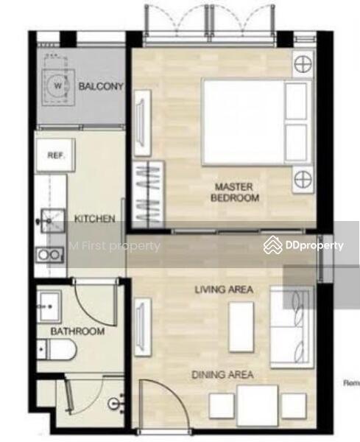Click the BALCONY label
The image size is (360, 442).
(x=101, y=86)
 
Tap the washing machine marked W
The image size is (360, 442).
(x=58, y=87)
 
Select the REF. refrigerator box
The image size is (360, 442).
(x=55, y=155)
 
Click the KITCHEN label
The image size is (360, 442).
(x=95, y=219)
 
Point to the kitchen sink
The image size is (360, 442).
(x=52, y=220)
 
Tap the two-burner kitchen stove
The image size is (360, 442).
(x=49, y=255)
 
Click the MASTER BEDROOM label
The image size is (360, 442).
(x=235, y=192)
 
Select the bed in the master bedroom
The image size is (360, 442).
(x=257, y=122)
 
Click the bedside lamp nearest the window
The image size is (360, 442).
(x=303, y=64)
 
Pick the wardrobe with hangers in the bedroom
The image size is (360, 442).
(x=148, y=192)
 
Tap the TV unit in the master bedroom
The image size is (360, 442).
(x=142, y=123)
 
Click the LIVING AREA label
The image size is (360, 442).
(x=224, y=290)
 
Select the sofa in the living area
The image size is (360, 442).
(x=292, y=328)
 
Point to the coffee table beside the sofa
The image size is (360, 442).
(x=241, y=327)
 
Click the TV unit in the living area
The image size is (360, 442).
(x=143, y=327)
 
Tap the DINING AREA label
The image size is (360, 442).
(x=222, y=375)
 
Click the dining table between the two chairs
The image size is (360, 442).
(x=258, y=405)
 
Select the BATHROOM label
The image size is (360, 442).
(x=77, y=331)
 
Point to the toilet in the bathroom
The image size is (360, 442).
(x=57, y=350)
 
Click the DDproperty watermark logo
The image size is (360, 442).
(x=303, y=245)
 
